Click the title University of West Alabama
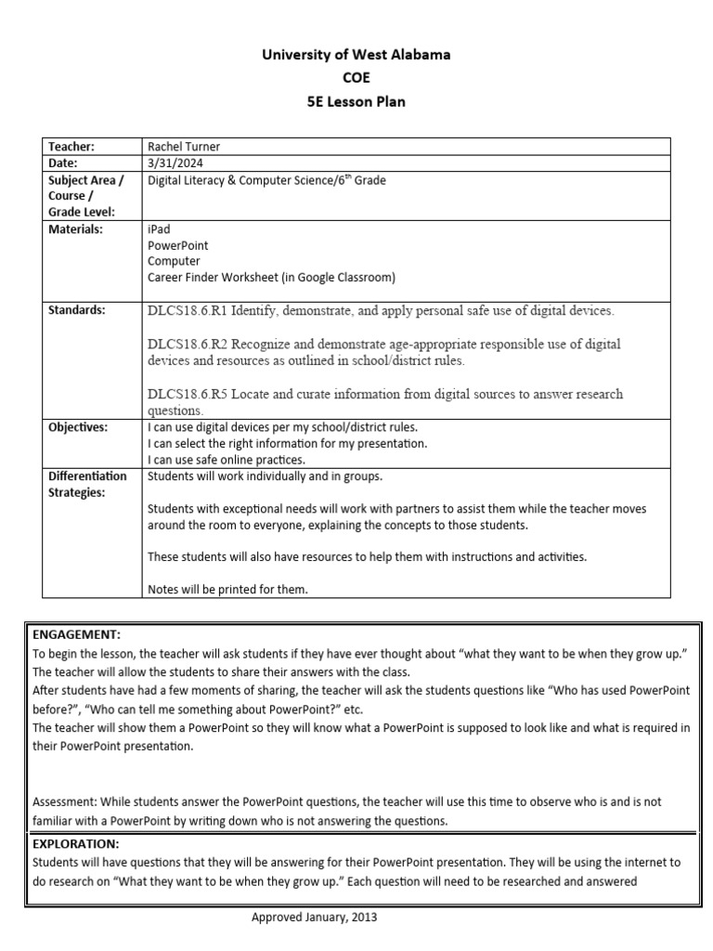point(356,55)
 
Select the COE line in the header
point(356,78)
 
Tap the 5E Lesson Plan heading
point(356,101)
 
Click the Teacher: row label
point(71,147)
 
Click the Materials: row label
point(75,228)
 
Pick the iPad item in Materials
point(159,228)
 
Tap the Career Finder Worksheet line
point(271,277)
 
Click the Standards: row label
point(75,310)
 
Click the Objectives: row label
point(78,427)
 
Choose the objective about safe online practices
point(227,460)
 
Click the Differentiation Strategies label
point(87,484)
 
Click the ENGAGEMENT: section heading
point(76,634)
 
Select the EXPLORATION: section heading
point(78,844)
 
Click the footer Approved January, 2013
point(315,917)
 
